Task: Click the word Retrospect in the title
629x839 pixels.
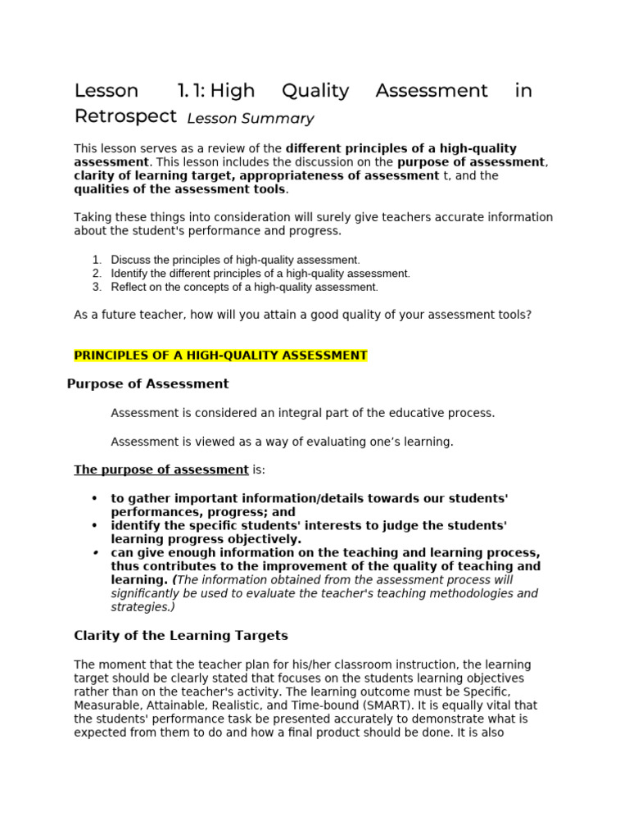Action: point(124,116)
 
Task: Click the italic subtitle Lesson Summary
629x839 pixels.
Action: point(250,119)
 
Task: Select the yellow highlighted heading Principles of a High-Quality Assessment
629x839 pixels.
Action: point(220,355)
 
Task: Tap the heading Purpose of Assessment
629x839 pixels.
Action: point(147,383)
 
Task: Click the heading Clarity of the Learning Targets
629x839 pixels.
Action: point(181,635)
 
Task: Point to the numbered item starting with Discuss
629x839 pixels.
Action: point(235,260)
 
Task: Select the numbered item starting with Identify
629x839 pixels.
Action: point(260,273)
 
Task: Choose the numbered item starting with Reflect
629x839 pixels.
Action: point(244,287)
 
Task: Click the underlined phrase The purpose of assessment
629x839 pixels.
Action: point(161,469)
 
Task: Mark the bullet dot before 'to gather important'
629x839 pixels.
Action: point(94,498)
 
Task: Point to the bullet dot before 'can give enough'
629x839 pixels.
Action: point(94,552)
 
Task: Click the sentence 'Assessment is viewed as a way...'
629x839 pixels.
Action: point(281,442)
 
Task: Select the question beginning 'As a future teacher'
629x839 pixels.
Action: point(302,315)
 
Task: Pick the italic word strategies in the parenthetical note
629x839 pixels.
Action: point(140,607)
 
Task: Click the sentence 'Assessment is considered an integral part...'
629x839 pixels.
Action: point(302,413)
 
